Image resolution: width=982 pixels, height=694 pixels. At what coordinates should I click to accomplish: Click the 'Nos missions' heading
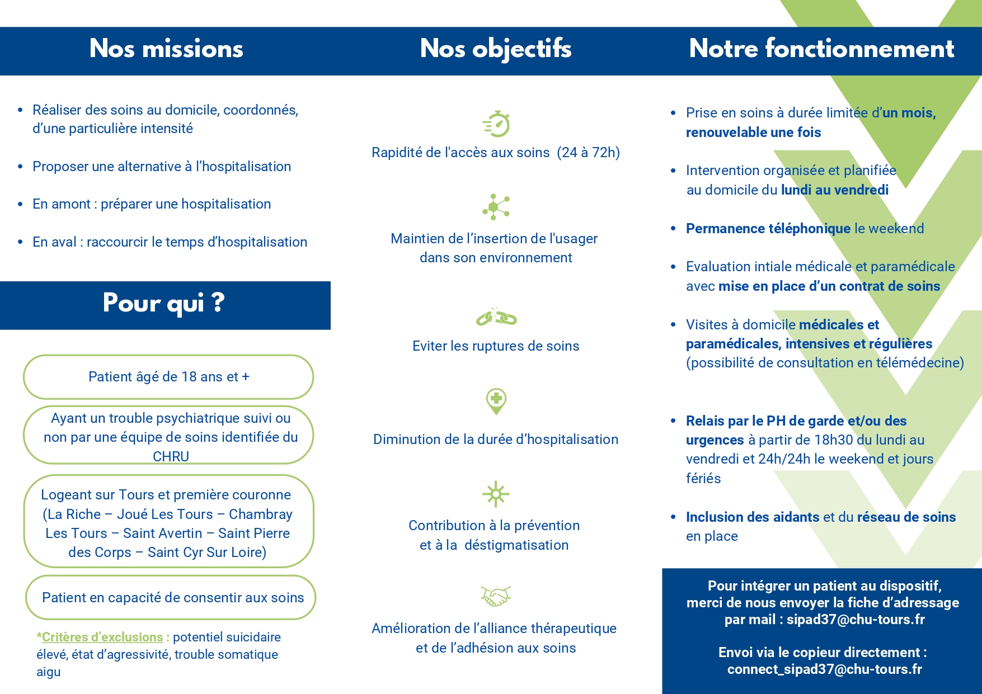(166, 49)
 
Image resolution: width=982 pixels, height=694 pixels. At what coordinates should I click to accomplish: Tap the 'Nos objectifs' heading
(496, 49)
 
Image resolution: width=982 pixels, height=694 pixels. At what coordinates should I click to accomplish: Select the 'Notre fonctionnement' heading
(821, 49)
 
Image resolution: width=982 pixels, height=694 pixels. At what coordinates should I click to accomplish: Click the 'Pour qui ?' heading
(164, 304)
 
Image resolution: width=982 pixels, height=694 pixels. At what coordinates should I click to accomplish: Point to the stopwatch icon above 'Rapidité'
(496, 124)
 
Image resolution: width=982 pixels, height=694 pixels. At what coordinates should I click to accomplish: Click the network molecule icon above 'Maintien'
(496, 207)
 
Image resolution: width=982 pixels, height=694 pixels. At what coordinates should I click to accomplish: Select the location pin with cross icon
(496, 401)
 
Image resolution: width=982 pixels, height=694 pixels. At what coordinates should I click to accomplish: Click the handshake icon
(496, 596)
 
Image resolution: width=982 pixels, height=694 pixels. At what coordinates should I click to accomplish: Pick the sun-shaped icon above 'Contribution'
(496, 494)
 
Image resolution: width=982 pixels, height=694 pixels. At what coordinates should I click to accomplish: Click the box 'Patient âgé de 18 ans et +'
(168, 377)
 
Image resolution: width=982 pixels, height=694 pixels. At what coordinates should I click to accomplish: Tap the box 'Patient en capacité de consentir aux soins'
(171, 597)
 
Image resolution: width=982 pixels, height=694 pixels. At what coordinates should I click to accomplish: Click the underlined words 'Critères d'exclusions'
(102, 637)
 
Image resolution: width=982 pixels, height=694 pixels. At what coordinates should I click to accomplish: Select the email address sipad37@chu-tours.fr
(856, 620)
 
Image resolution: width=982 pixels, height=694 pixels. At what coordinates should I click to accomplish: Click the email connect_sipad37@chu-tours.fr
(824, 669)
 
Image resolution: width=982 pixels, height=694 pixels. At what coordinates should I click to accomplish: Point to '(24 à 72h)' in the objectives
(588, 153)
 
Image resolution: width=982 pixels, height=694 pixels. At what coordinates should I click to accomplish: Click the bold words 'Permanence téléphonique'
(768, 229)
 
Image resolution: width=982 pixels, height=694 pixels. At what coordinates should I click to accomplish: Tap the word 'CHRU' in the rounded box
(171, 456)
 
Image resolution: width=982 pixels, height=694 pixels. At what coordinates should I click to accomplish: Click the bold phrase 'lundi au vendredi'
(835, 190)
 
